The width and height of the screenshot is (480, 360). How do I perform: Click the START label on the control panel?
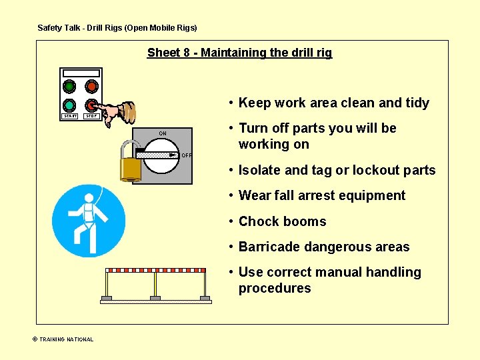coord(70,116)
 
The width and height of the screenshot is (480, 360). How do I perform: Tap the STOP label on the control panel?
coord(91,116)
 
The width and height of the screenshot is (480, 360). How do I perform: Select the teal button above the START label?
coord(69,105)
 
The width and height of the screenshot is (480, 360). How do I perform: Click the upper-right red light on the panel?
coord(91,87)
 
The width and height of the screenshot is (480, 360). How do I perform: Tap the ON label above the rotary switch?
coord(163,133)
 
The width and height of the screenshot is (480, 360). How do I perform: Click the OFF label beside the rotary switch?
coord(186,155)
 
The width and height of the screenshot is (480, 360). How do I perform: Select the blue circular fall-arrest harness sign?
coord(89,221)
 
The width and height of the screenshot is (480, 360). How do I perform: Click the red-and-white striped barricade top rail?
coord(158,271)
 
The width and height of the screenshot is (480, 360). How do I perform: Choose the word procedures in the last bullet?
coord(275,288)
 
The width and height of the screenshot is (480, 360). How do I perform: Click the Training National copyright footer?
coord(63,339)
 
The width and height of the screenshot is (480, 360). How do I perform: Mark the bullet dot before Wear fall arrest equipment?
coord(229,195)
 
